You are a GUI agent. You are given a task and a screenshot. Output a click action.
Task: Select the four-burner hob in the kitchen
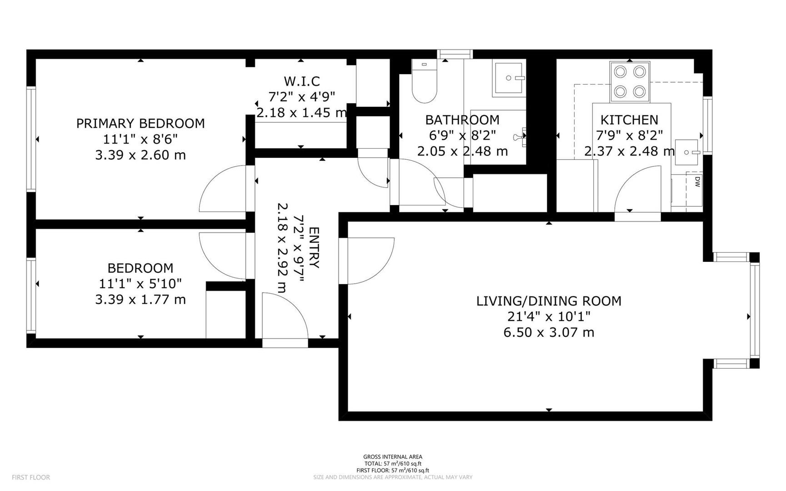click(x=630, y=82)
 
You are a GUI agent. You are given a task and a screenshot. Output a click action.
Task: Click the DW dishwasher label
click(x=696, y=182)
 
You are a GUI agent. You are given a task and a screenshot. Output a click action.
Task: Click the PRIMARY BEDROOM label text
click(x=140, y=123)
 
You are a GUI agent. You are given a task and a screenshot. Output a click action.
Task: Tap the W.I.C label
click(x=302, y=81)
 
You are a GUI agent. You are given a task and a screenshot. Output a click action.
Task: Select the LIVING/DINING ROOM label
click(x=549, y=301)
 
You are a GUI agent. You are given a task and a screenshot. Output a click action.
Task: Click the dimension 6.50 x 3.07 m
click(x=549, y=332)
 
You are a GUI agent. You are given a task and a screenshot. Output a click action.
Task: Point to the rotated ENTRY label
click(x=314, y=248)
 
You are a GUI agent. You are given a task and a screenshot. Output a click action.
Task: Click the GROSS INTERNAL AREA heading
click(x=392, y=457)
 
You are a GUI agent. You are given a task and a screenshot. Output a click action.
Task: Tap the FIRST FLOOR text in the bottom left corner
click(x=31, y=477)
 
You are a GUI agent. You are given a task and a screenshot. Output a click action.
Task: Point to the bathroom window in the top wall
click(x=455, y=54)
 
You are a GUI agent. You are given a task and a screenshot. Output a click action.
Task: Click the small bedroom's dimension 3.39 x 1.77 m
click(x=140, y=300)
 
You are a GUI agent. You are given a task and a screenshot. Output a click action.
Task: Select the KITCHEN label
click(x=629, y=120)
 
